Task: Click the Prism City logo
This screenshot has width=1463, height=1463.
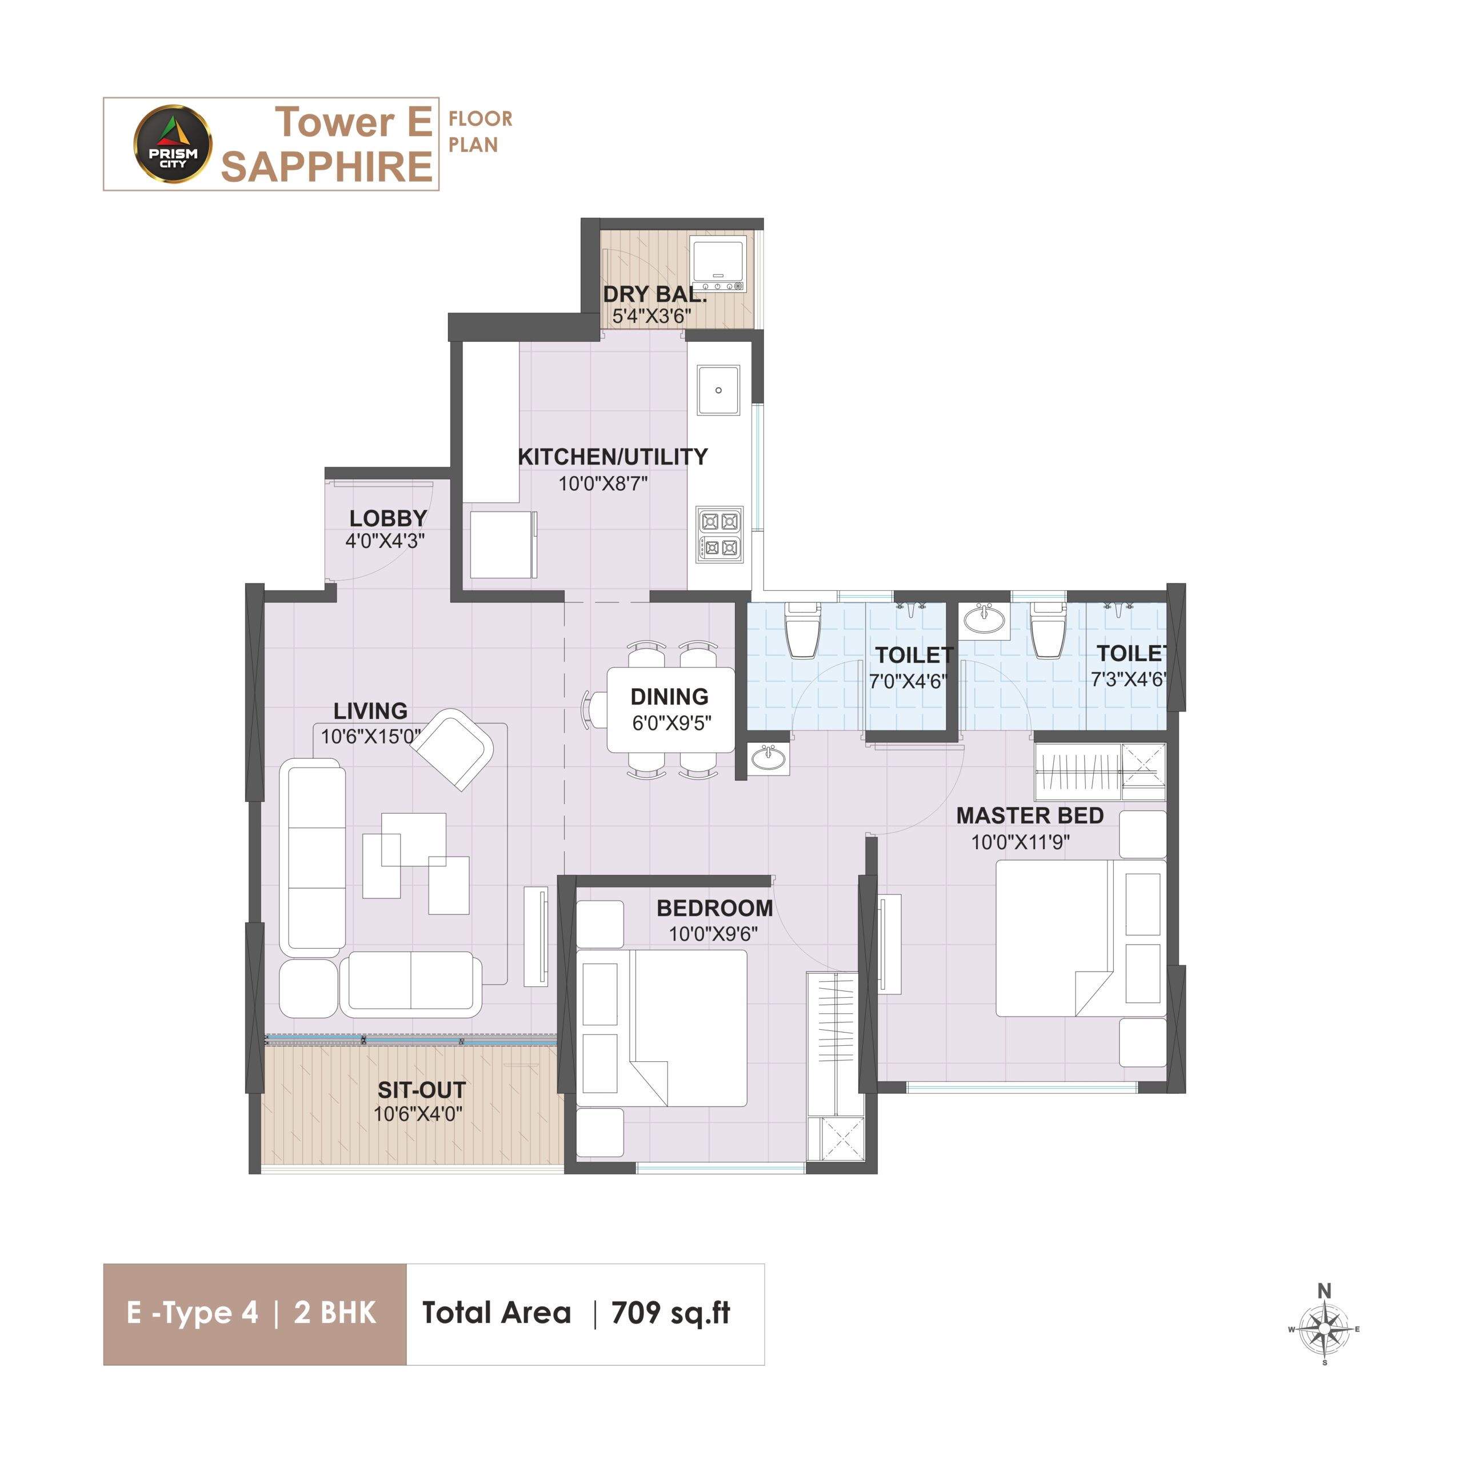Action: click(173, 144)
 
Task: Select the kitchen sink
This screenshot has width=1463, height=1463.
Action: click(718, 390)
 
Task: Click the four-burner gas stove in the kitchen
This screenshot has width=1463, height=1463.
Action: click(719, 534)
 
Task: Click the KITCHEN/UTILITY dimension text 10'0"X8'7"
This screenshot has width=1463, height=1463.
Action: click(603, 483)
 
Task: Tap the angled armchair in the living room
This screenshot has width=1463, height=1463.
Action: click(452, 749)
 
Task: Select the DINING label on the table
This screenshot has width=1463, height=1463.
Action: click(669, 696)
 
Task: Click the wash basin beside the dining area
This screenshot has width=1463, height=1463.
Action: click(769, 759)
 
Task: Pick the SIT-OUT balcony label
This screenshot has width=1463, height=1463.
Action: click(422, 1090)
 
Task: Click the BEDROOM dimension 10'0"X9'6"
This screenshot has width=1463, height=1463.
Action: click(713, 934)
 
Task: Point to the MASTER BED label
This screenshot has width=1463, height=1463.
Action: click(1030, 816)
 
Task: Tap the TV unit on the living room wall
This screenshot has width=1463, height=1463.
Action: click(536, 936)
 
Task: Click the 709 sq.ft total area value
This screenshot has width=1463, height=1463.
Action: click(670, 1312)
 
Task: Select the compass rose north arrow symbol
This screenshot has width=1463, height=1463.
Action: click(1325, 1328)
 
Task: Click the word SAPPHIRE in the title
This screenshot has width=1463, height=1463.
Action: click(326, 167)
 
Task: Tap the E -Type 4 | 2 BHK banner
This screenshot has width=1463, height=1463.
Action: click(254, 1314)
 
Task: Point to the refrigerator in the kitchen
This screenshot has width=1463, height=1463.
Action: click(503, 545)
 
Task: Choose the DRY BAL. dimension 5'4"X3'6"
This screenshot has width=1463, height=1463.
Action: click(651, 316)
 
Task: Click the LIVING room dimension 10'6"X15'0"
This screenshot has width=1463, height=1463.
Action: click(370, 736)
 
